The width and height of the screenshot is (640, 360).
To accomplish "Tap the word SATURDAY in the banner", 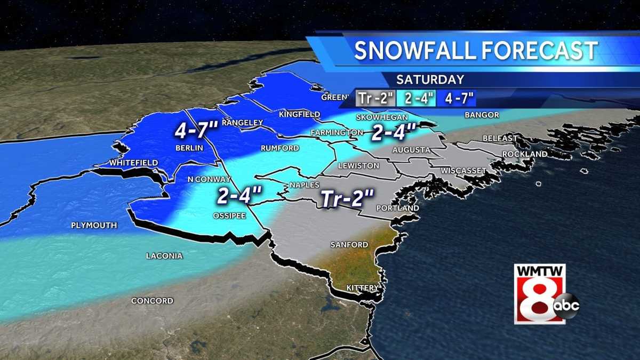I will tap(430, 80).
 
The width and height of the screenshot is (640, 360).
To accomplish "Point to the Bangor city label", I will tap(482, 115).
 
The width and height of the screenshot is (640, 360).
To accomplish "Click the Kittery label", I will tap(363, 288).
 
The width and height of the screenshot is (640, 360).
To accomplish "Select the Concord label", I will tap(153, 301).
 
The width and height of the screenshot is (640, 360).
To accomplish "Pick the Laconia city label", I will tap(164, 256).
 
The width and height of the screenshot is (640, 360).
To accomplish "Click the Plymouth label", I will tap(94, 226).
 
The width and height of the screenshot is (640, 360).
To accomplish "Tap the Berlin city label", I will tap(189, 148).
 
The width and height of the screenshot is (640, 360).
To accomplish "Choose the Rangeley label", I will tap(243, 123).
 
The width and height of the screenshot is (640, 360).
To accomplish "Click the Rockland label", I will tap(525, 154).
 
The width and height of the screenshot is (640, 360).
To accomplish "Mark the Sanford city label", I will tap(349, 245).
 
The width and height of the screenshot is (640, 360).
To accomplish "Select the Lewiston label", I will tap(358, 166).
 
